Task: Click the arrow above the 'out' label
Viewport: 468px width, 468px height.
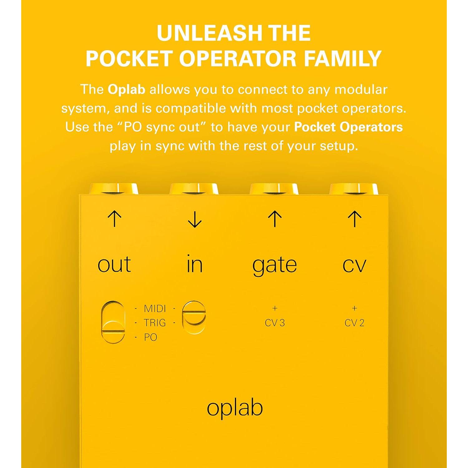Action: (x=114, y=219)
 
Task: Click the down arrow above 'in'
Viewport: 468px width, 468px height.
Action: (x=195, y=220)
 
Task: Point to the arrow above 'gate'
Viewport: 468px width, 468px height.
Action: (x=275, y=219)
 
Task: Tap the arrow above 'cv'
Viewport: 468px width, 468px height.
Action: (x=355, y=219)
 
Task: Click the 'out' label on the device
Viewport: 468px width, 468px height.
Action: (x=114, y=265)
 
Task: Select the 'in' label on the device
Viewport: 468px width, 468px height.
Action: (x=195, y=264)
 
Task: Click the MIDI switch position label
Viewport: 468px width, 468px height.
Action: (x=155, y=309)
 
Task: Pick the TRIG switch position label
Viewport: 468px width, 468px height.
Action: (x=155, y=323)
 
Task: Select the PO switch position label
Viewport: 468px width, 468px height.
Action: (x=150, y=337)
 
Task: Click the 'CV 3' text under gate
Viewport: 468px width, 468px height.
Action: (x=275, y=323)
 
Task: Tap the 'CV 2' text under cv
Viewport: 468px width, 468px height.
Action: (x=354, y=323)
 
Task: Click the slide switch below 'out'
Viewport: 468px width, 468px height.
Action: (x=113, y=322)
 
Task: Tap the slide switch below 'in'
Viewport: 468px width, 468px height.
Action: (x=194, y=317)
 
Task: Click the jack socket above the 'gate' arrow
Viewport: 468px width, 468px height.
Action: (x=275, y=189)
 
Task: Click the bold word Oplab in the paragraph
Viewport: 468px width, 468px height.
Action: (x=126, y=90)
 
